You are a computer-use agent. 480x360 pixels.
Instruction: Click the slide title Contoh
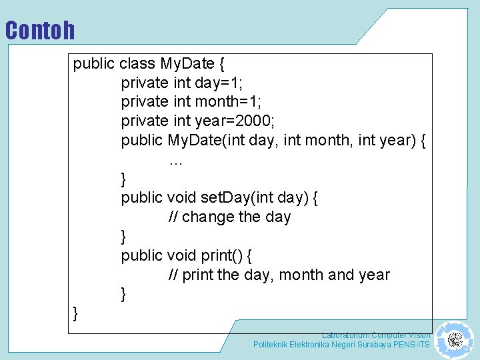pos(40,31)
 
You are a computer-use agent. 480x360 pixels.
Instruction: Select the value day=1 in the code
pos(219,83)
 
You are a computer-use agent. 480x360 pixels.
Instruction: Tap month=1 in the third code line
pos(228,102)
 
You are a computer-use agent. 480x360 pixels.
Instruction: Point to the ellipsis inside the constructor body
pos(176,161)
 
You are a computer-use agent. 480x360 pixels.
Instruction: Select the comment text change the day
pos(237,217)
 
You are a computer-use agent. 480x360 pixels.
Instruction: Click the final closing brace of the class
pos(75,313)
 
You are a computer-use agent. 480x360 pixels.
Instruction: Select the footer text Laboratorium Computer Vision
pos(376,335)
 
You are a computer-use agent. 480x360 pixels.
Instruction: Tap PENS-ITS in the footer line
pos(412,345)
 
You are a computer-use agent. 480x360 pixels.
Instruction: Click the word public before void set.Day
pos(141,198)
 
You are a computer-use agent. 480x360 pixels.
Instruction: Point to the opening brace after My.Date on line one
pos(222,65)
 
